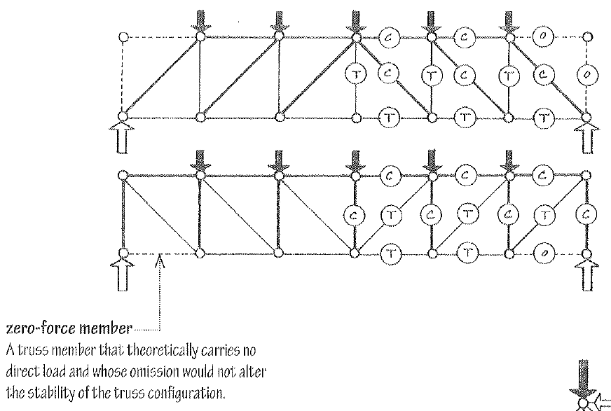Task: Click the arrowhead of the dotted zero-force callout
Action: click(x=160, y=262)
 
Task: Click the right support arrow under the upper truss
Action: click(x=586, y=138)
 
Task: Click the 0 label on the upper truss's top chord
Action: click(x=542, y=36)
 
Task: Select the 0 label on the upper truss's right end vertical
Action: click(x=587, y=75)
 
